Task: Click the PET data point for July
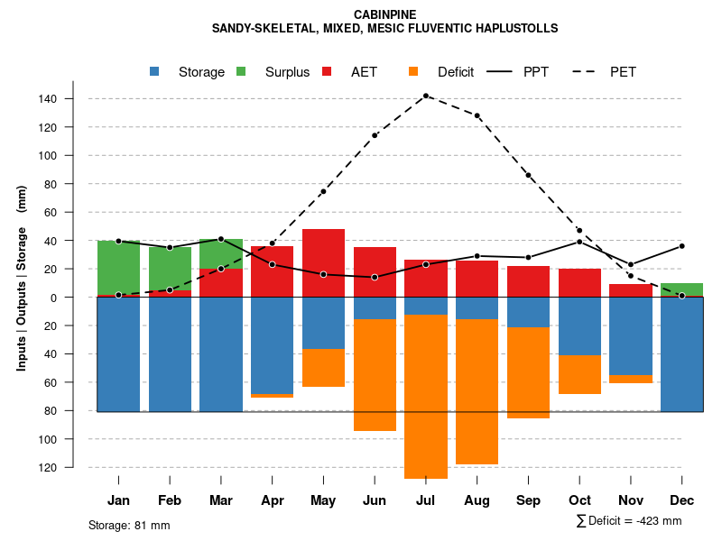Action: tap(426, 96)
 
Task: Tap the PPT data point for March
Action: tap(221, 239)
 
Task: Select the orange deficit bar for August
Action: tap(477, 391)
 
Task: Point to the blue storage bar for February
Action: tap(170, 354)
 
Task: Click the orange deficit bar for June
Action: tap(375, 375)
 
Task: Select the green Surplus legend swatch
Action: tap(242, 72)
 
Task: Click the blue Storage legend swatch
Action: tap(155, 72)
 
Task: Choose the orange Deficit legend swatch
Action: tap(414, 72)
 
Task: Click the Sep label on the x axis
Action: tap(528, 500)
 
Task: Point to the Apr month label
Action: tap(272, 500)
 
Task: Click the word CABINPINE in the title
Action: tap(385, 14)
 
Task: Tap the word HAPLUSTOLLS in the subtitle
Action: tap(514, 29)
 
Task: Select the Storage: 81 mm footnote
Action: tap(129, 525)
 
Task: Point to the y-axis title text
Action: tap(22, 278)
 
